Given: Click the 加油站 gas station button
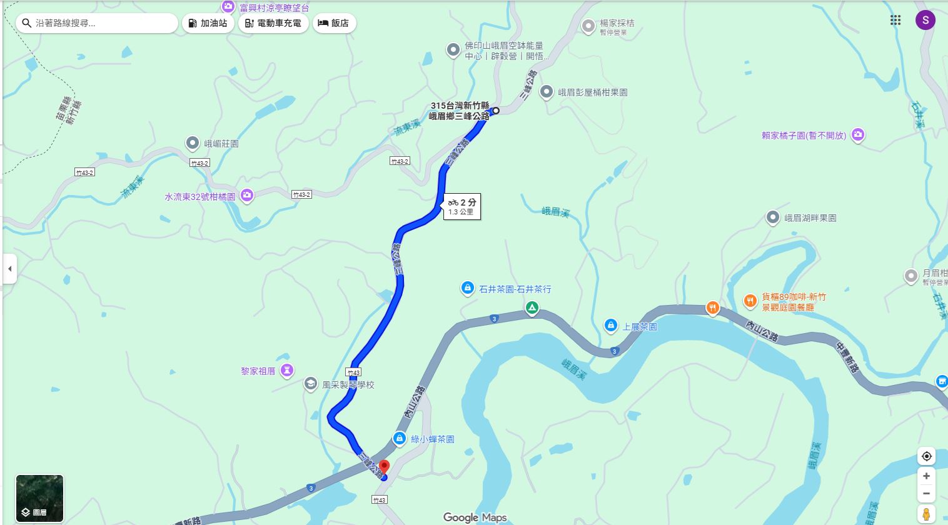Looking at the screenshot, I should click(208, 23).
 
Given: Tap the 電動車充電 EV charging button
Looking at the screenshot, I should click(273, 23).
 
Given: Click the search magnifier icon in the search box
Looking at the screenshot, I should click(27, 23).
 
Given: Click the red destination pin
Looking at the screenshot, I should click(384, 466).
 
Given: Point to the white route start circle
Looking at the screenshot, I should click(496, 111).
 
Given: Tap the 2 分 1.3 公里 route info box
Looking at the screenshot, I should click(461, 206).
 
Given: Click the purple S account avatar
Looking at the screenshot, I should click(925, 20).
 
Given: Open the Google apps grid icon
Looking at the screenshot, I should click(895, 20).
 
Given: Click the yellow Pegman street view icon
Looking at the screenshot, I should click(926, 514).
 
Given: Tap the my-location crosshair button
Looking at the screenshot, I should click(926, 456).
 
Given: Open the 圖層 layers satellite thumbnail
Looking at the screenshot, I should click(39, 498).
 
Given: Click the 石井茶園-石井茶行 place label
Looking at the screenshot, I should click(515, 289).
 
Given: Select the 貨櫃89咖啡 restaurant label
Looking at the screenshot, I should click(793, 297).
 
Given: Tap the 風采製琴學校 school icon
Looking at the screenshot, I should click(311, 384).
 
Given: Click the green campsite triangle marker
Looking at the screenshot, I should click(532, 307).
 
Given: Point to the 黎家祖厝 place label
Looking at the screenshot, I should click(258, 371).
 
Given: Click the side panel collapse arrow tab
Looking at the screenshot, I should click(9, 269).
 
